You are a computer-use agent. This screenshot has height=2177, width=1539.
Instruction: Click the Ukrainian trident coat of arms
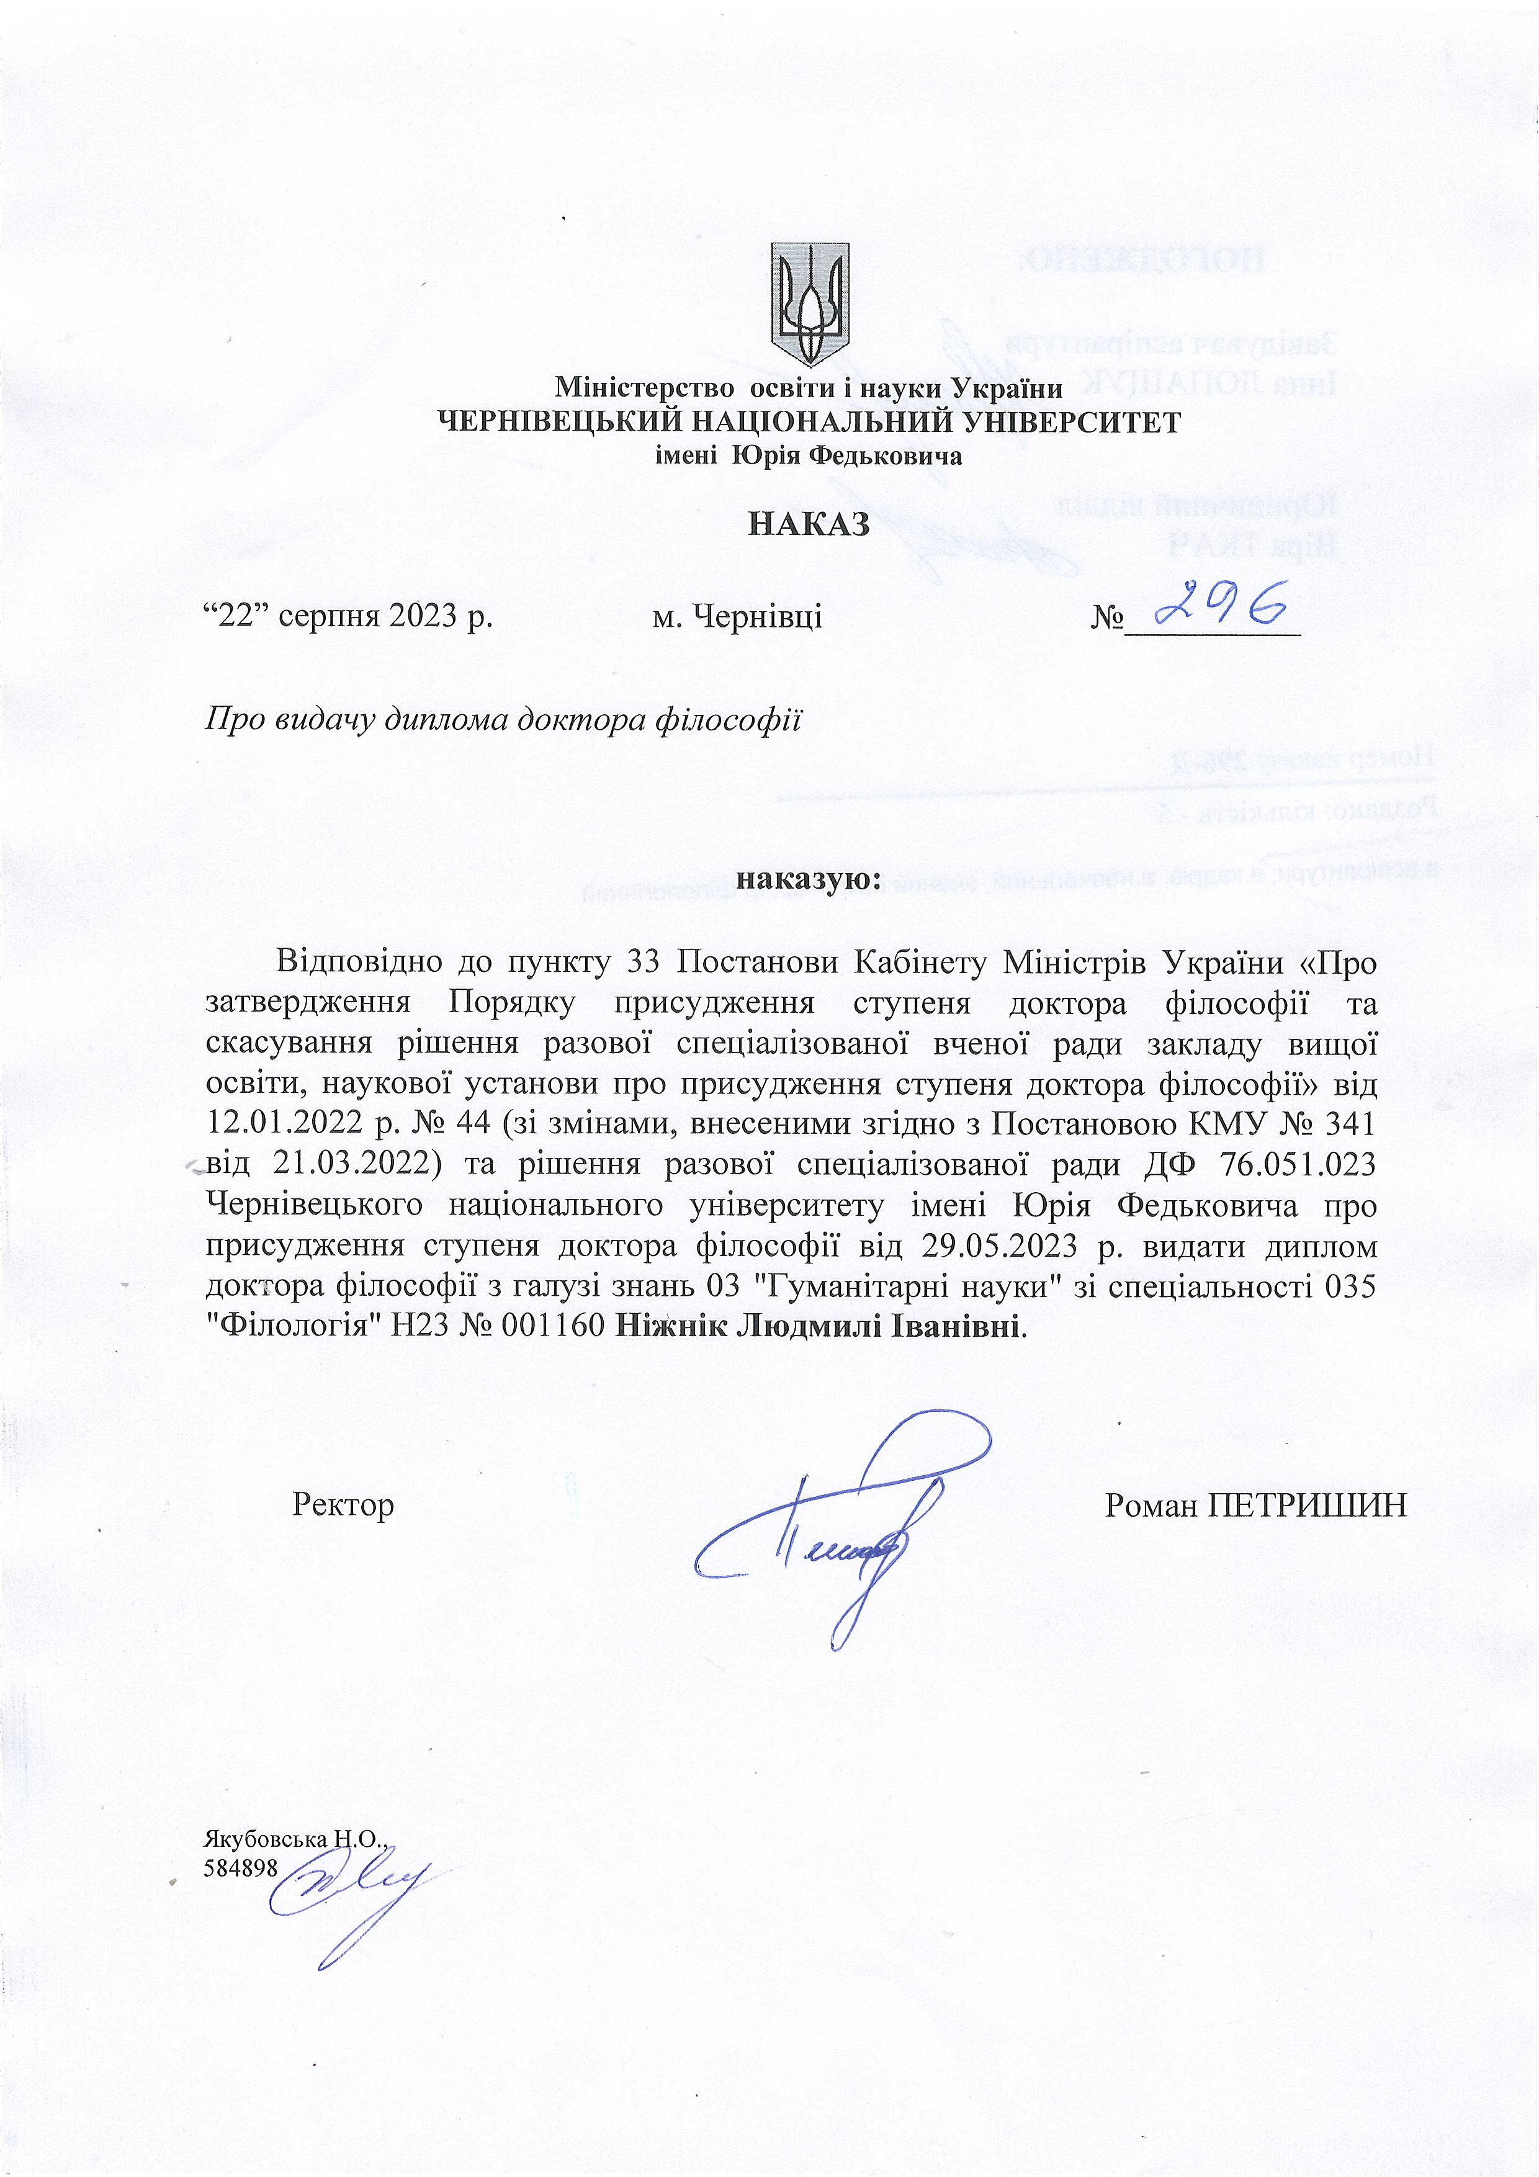809,303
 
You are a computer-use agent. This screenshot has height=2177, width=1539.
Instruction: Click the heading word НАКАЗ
808,523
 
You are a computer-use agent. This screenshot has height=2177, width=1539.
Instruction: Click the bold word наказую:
809,879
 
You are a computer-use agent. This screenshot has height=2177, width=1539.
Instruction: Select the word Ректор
343,1505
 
